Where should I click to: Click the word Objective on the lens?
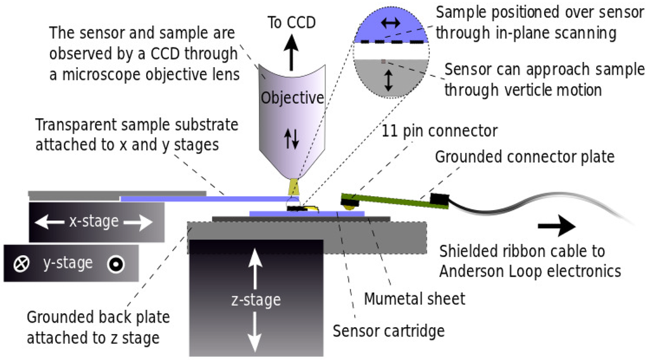[292, 98]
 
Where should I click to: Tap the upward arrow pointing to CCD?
[292, 51]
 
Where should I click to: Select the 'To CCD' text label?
[292, 22]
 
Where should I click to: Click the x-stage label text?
[94, 221]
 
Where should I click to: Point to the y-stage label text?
[68, 263]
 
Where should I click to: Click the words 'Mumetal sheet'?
[414, 297]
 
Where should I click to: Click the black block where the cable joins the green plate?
[437, 200]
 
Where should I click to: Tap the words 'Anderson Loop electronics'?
[530, 271]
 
